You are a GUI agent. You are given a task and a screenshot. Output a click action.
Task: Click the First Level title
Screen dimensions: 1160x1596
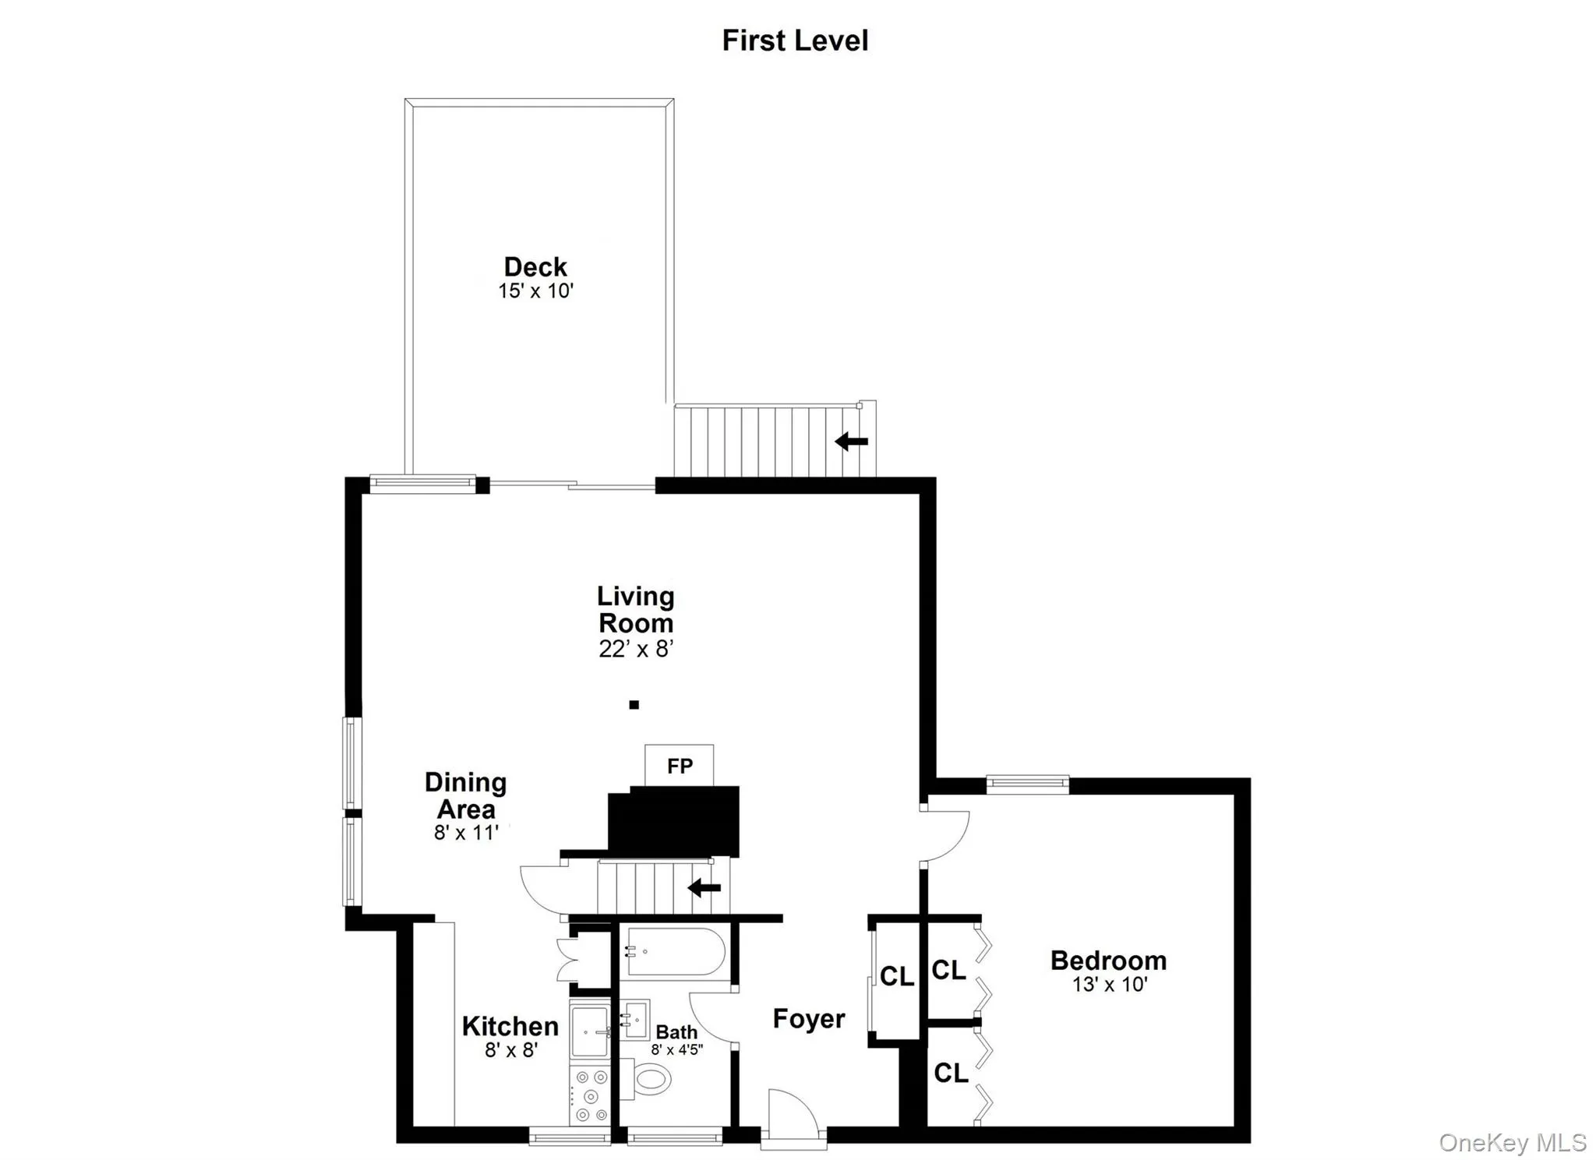click(795, 41)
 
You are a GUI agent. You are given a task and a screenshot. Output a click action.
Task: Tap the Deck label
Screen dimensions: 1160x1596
click(535, 267)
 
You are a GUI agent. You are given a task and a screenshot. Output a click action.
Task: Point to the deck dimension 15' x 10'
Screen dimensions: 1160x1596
click(535, 291)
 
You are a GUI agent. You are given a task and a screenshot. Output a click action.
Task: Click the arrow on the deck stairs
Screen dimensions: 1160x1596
click(851, 442)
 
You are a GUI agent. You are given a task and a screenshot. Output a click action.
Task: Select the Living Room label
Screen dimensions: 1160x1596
click(636, 609)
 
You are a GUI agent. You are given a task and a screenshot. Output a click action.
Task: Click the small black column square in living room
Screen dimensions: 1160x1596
click(634, 705)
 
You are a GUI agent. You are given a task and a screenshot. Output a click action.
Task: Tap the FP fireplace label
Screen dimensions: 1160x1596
click(680, 766)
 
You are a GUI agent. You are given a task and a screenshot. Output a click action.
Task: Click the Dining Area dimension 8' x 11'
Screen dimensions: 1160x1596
click(466, 833)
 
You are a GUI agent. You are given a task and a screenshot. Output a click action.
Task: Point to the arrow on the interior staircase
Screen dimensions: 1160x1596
click(704, 887)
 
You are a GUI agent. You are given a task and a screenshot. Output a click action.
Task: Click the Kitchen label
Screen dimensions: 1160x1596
click(510, 1026)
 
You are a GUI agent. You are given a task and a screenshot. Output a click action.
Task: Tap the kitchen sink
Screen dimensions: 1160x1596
click(591, 1031)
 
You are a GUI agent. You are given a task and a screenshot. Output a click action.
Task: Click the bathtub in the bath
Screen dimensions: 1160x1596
click(676, 951)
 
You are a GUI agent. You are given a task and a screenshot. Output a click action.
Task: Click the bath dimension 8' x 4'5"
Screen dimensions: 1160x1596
click(677, 1049)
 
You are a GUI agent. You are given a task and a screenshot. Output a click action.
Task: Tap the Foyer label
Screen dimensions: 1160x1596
click(809, 1019)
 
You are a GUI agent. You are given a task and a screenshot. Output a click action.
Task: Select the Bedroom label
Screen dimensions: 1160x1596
click(1108, 961)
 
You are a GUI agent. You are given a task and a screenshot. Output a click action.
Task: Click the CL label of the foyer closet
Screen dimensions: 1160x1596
click(897, 976)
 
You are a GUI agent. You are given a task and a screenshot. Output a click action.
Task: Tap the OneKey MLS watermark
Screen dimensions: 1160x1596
click(1512, 1143)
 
